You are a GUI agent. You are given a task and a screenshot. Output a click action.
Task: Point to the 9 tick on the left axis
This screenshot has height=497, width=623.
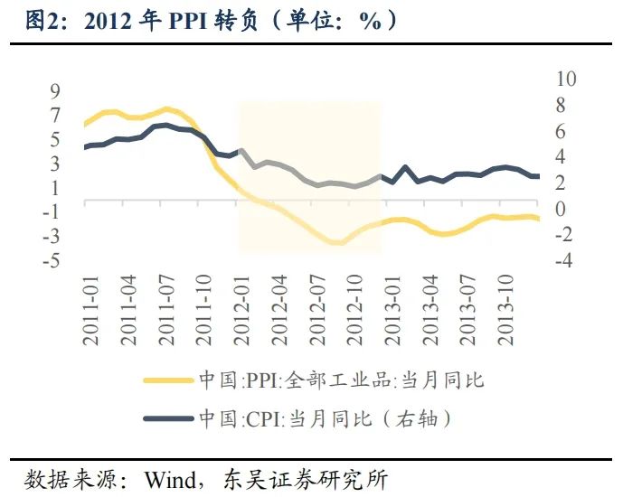point(55,90)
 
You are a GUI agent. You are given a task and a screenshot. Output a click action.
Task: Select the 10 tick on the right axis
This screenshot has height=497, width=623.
point(563,78)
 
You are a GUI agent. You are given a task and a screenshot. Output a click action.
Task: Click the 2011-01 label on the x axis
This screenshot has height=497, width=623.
point(91,313)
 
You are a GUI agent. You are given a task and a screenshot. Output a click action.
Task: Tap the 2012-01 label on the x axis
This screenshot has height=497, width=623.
point(241,313)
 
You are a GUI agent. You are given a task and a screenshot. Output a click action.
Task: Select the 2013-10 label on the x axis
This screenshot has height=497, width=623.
point(506,313)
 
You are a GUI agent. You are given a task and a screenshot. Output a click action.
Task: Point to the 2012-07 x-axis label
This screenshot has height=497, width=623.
point(317,313)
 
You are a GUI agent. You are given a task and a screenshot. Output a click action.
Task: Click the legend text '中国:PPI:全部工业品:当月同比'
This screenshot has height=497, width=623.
point(340,380)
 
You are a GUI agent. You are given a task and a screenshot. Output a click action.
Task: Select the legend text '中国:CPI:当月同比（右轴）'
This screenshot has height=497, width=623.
point(324,419)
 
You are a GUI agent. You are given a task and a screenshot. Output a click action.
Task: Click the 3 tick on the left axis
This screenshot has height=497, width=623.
point(55,164)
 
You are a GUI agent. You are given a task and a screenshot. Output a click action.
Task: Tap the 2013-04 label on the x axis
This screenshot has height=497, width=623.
point(430,313)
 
